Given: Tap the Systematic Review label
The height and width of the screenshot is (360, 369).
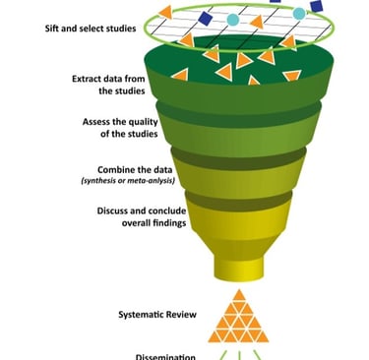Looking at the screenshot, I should coord(157,314).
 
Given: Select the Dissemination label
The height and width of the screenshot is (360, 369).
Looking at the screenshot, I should coord(157,355).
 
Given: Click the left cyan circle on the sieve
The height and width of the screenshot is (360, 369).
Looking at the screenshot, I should coord(232,19).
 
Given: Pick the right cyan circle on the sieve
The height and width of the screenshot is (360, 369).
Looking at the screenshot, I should coord(299,13).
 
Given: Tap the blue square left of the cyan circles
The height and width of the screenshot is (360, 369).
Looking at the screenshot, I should coord(205,18).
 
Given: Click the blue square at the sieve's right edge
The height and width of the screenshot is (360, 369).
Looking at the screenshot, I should coord(316,7).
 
